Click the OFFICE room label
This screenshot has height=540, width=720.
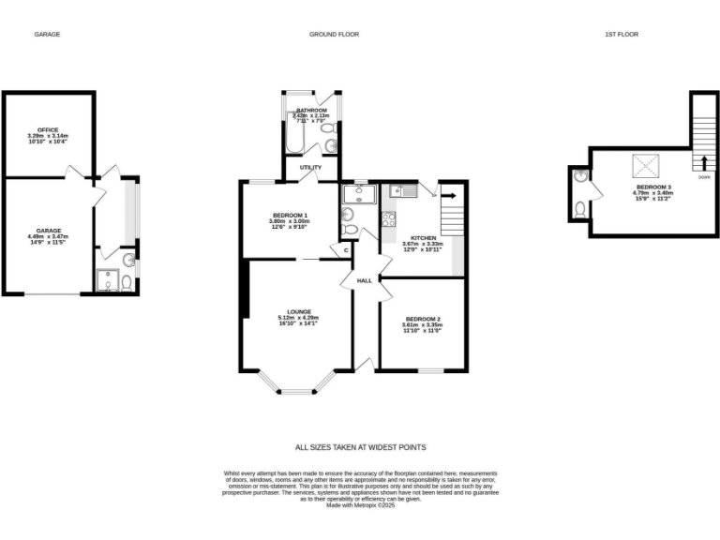[48, 129]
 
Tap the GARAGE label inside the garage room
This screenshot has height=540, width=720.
[48, 230]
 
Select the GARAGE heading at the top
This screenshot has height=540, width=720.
[47, 35]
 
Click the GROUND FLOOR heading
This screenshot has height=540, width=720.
[335, 35]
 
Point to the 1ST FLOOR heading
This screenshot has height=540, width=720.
[622, 35]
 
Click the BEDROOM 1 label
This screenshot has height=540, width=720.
[289, 215]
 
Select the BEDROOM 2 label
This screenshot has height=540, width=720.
[422, 320]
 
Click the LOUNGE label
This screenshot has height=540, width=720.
[299, 311]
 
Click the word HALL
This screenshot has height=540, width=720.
[365, 280]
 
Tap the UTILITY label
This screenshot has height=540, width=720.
[310, 168]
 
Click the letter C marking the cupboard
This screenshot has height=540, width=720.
[345, 250]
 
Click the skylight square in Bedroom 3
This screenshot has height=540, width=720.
[646, 166]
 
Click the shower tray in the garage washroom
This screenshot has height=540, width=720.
[108, 281]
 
